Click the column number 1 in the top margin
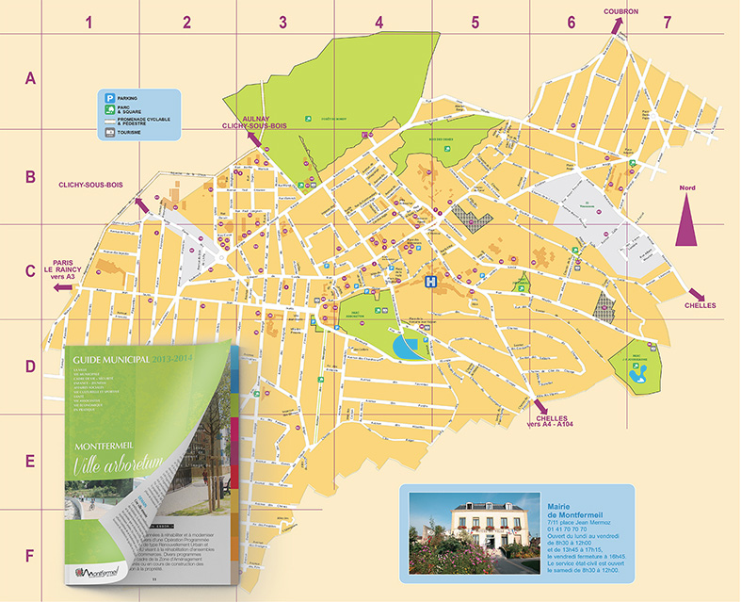90,21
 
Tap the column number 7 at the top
667,21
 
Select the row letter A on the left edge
29,80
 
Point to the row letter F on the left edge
29,556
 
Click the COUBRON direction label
621,11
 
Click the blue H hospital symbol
431,282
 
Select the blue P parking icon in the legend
110,97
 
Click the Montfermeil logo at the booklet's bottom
102,572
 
